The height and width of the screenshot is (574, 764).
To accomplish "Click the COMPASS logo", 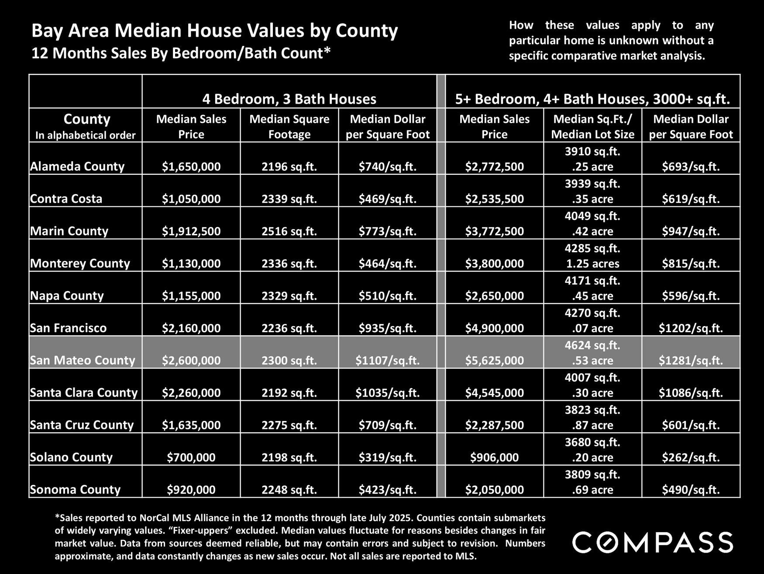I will pyautogui.click(x=653, y=543).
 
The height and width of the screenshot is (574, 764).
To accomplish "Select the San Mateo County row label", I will pyautogui.click(x=83, y=360).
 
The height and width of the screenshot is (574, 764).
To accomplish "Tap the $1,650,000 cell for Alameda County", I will pyautogui.click(x=191, y=167).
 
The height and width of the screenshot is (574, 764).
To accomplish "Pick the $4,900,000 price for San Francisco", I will pyautogui.click(x=494, y=328).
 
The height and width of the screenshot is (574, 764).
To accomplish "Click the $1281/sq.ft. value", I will pyautogui.click(x=691, y=360).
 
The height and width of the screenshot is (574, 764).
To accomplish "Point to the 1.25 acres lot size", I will pyautogui.click(x=592, y=264).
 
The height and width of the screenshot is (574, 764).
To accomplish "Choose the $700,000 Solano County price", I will pyautogui.click(x=191, y=457).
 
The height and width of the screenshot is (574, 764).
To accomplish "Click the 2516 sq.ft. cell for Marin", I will pyautogui.click(x=289, y=231).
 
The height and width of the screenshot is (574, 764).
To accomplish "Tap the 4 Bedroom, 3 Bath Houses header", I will pyautogui.click(x=289, y=99).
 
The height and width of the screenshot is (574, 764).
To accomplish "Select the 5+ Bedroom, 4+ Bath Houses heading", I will pyautogui.click(x=592, y=99).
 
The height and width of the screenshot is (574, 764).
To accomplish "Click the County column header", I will pyautogui.click(x=86, y=119).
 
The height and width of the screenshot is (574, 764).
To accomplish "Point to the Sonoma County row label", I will pyautogui.click(x=75, y=490).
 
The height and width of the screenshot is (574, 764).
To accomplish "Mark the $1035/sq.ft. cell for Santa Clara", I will pyautogui.click(x=387, y=393).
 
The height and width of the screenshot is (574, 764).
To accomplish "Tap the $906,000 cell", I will pyautogui.click(x=494, y=457).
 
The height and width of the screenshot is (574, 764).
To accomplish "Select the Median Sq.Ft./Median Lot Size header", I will pyautogui.click(x=592, y=126).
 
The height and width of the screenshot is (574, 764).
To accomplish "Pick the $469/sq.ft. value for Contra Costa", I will pyautogui.click(x=387, y=199).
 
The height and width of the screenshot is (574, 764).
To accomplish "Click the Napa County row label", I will pyautogui.click(x=67, y=296).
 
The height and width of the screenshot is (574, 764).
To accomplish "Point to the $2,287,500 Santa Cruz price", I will pyautogui.click(x=494, y=425).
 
